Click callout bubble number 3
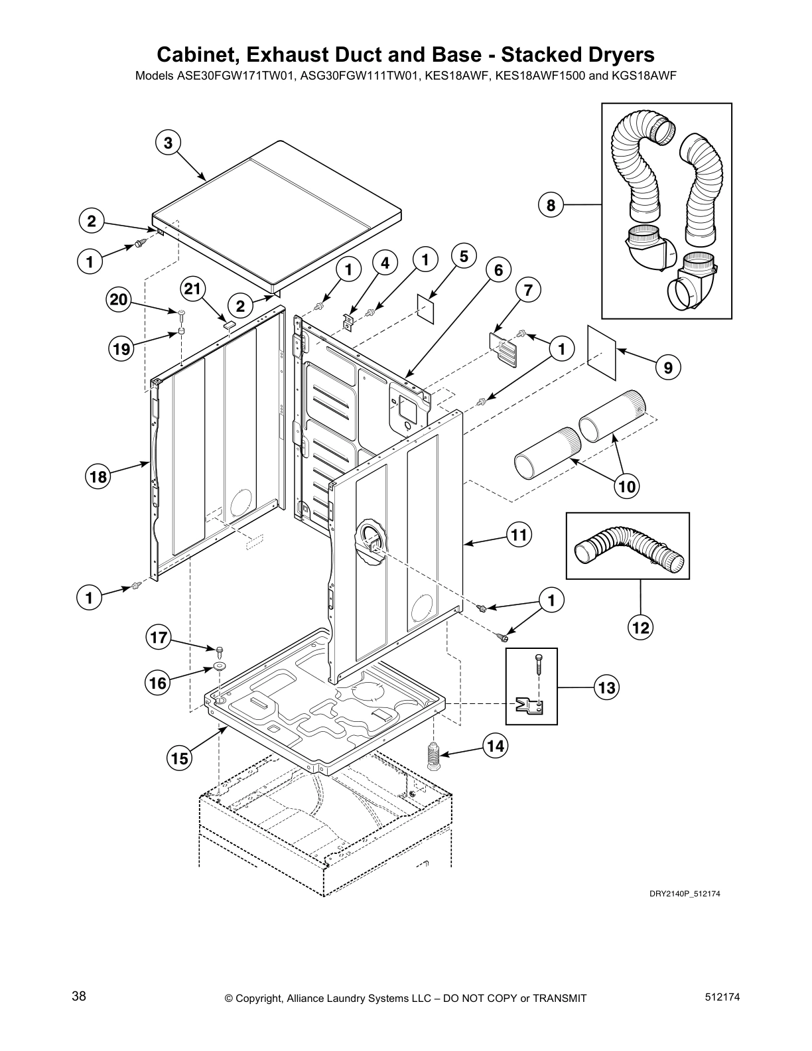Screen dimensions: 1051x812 (x=168, y=143)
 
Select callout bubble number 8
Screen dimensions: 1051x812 (x=551, y=205)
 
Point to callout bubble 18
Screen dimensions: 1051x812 (x=98, y=476)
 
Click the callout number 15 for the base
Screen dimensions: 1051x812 (x=180, y=757)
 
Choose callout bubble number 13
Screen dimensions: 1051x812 (x=606, y=687)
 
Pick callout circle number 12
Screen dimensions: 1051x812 (x=642, y=626)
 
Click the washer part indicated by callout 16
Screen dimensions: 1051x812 (x=218, y=667)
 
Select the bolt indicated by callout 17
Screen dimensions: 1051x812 (x=218, y=650)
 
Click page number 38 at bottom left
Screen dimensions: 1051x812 (x=79, y=996)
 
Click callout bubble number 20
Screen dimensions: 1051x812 (x=119, y=300)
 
